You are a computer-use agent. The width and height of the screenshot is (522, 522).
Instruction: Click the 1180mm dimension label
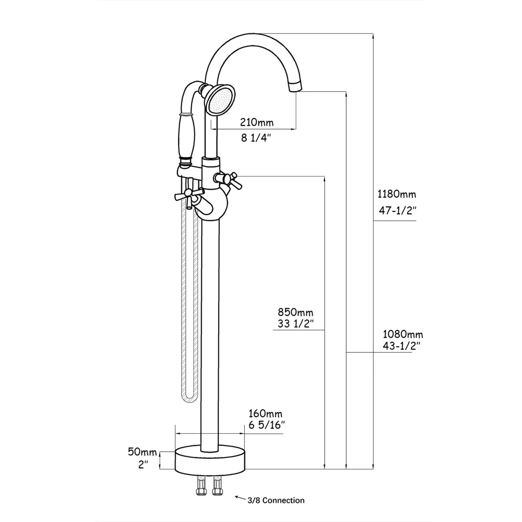pyautogui.click(x=397, y=194)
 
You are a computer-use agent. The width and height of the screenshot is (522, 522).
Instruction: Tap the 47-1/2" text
pyautogui.click(x=398, y=211)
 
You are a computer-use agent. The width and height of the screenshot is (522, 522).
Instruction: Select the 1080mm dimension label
pyautogui.click(x=403, y=334)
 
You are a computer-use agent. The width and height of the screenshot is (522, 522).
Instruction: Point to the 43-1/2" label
pyautogui.click(x=401, y=346)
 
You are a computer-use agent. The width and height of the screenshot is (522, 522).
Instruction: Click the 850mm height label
pyautogui.click(x=295, y=312)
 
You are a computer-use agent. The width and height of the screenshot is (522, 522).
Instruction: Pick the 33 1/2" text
pyautogui.click(x=296, y=324)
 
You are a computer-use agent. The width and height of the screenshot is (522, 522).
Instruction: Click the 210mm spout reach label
pyautogui.click(x=257, y=123)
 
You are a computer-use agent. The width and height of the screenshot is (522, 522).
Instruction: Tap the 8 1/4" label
pyautogui.click(x=256, y=138)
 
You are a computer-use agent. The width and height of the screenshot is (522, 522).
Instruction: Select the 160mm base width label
pyautogui.click(x=265, y=414)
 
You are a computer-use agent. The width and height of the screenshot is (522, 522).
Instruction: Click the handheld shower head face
pyautogui.click(x=221, y=100)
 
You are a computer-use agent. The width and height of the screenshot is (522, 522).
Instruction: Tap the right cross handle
pyautogui.click(x=228, y=180)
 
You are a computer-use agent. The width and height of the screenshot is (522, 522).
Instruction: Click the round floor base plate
pyautogui.click(x=210, y=461)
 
